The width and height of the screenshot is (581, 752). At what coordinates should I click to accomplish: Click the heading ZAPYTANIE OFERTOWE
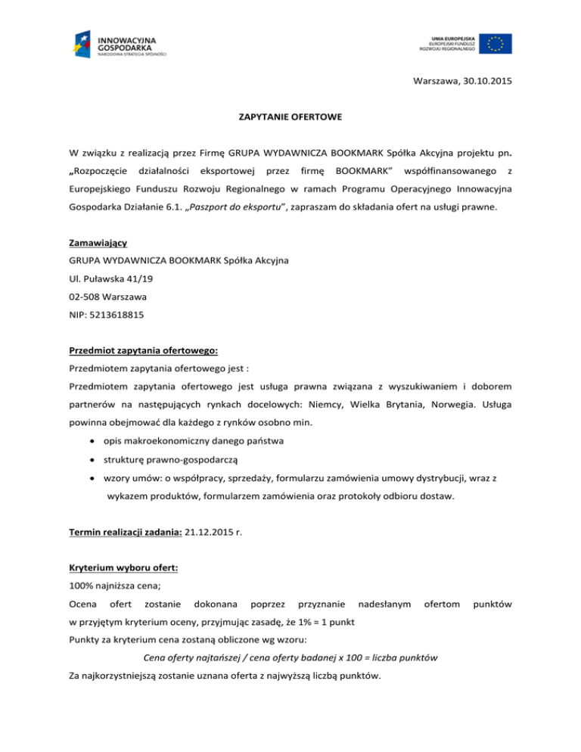point(290,118)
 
